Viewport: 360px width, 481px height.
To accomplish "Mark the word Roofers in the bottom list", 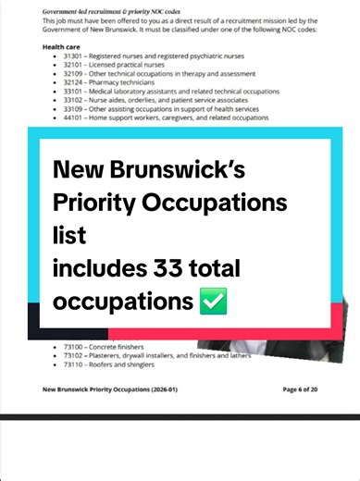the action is pos(114,364).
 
